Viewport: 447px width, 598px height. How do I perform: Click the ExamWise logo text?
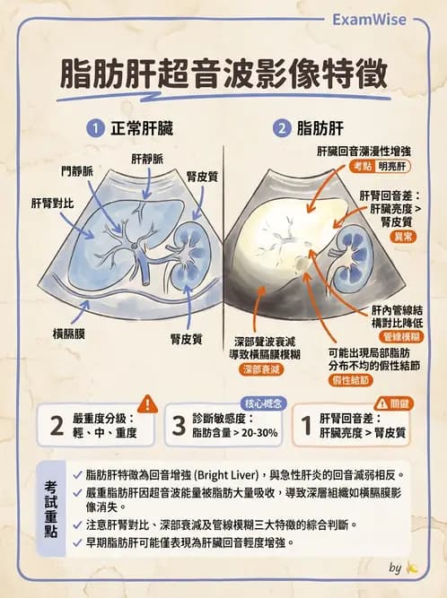point(369,20)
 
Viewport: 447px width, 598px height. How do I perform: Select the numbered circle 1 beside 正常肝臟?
point(95,128)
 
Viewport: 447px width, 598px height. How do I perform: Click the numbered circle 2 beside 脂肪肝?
point(282,128)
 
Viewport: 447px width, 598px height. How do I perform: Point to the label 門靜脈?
point(77,171)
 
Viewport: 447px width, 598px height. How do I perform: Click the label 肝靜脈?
point(147,160)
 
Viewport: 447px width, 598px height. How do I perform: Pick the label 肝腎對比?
point(52,204)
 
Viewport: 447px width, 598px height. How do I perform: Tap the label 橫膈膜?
point(69,334)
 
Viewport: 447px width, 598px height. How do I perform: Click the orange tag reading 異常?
point(403,237)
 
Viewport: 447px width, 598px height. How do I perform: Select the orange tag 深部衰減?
point(261,369)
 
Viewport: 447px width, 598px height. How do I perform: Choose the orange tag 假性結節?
point(350,380)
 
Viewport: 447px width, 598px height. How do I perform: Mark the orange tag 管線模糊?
point(401,336)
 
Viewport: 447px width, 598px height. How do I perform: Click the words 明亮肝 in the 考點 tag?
point(392,166)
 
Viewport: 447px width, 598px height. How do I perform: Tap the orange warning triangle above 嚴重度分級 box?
point(147,403)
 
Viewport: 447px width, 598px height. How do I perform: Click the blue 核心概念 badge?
point(263,403)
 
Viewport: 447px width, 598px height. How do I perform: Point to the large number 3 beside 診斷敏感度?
point(179,425)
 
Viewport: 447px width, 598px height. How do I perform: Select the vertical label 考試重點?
point(51,508)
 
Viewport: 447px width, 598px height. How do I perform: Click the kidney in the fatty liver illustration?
point(350,258)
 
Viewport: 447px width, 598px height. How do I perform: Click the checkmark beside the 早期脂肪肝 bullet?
point(78,542)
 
